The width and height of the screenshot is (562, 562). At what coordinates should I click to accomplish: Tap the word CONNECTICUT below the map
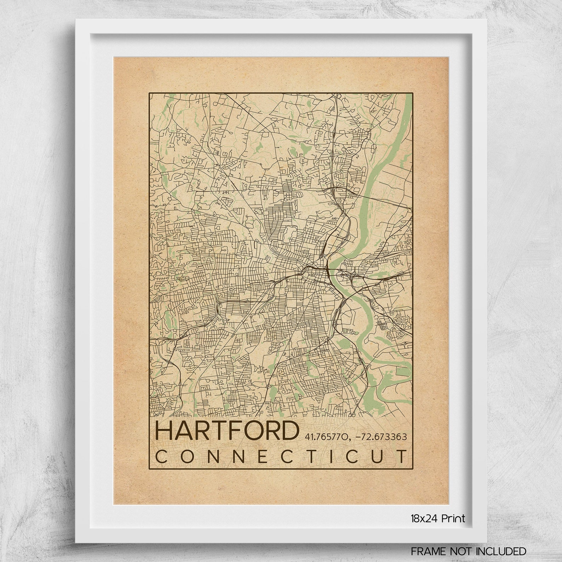tap(281, 456)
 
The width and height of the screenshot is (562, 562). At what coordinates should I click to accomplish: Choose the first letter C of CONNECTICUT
tap(161, 456)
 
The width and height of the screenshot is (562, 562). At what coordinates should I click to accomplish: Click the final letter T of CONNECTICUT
tap(402, 456)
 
